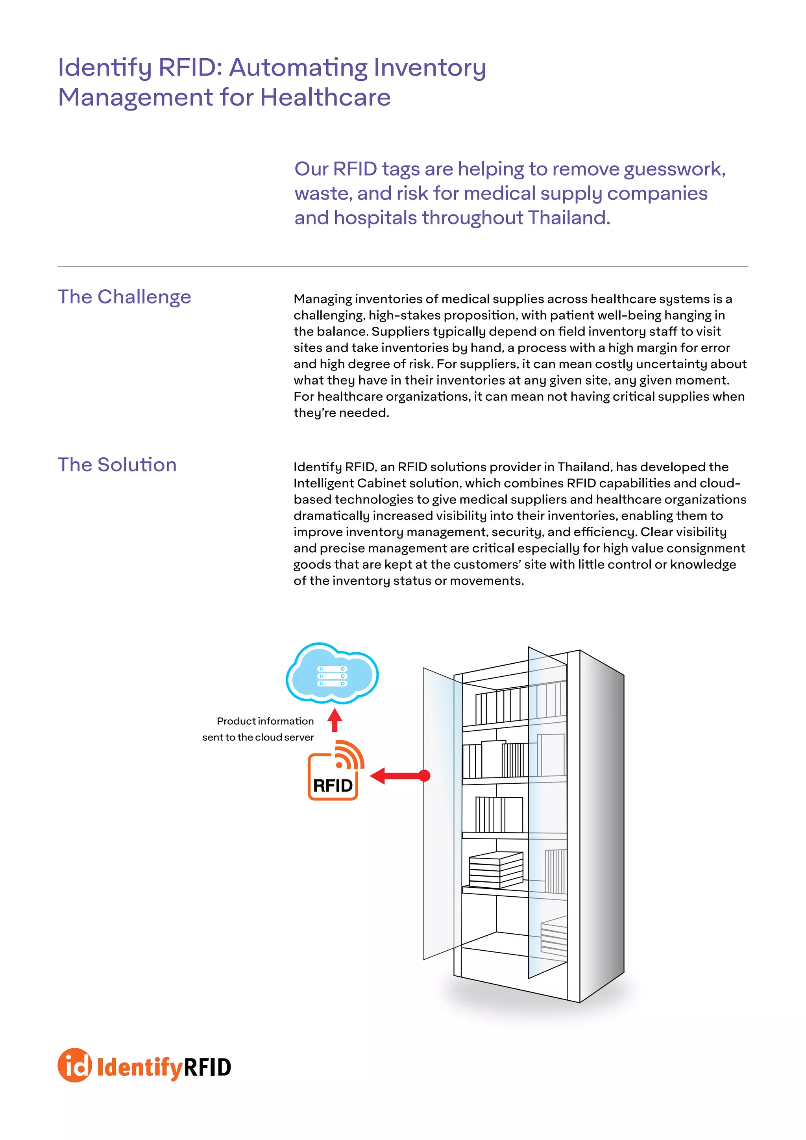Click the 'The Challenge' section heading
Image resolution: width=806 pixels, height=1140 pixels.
(x=124, y=297)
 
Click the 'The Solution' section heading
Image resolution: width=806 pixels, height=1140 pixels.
(x=117, y=465)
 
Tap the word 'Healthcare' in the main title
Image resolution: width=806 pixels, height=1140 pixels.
(x=325, y=97)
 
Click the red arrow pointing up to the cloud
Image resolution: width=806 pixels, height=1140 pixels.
(x=335, y=720)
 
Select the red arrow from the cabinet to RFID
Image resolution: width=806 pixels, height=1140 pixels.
(x=397, y=775)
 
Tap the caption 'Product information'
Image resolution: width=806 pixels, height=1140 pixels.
(x=265, y=721)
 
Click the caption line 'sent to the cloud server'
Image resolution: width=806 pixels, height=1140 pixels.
(x=258, y=737)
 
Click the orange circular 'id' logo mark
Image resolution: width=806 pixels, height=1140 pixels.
(x=75, y=1066)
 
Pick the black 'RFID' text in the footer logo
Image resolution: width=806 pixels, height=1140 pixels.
(x=207, y=1068)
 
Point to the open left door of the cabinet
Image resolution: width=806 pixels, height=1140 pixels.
(x=439, y=814)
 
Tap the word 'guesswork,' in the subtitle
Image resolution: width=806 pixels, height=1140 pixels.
(x=675, y=169)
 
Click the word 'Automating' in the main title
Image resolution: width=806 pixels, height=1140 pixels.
(x=299, y=68)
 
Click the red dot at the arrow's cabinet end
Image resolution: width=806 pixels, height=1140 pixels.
(x=425, y=775)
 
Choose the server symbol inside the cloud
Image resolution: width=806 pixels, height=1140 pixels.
(x=332, y=676)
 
